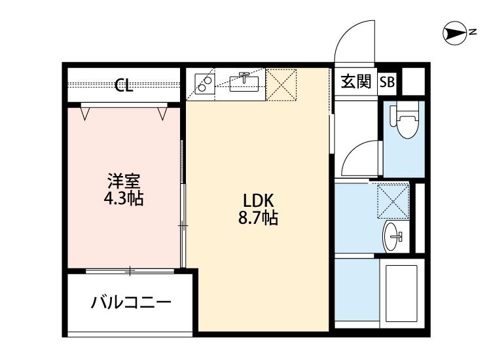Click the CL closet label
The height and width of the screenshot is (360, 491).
tap(124, 86)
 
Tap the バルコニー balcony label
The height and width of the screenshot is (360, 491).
tap(131, 302)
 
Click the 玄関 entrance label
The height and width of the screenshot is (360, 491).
tap(355, 82)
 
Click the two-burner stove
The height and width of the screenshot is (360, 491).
tap(204, 83)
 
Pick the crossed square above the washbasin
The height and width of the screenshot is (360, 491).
tap(393, 200)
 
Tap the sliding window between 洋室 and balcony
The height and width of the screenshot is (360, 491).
tap(131, 270)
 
